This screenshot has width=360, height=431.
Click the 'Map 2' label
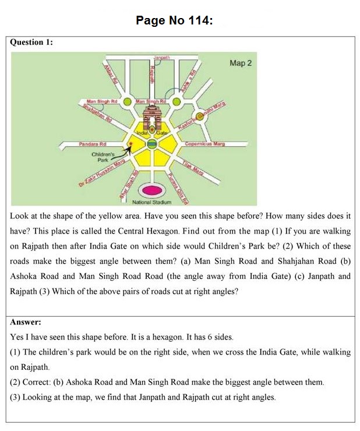click(241, 63)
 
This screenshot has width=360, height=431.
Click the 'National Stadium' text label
click(152, 202)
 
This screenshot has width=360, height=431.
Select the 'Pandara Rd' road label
click(93, 143)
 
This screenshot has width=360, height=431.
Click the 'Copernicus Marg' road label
click(204, 143)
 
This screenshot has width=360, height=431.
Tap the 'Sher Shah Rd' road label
click(128, 185)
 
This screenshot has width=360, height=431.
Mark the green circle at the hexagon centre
click(151, 143)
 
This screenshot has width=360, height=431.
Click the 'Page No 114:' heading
click(174, 21)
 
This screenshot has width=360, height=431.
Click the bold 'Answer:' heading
click(26, 322)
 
